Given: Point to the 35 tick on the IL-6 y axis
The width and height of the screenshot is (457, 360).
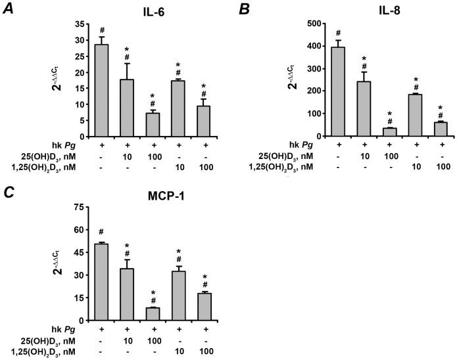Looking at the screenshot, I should (x=81, y=24).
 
